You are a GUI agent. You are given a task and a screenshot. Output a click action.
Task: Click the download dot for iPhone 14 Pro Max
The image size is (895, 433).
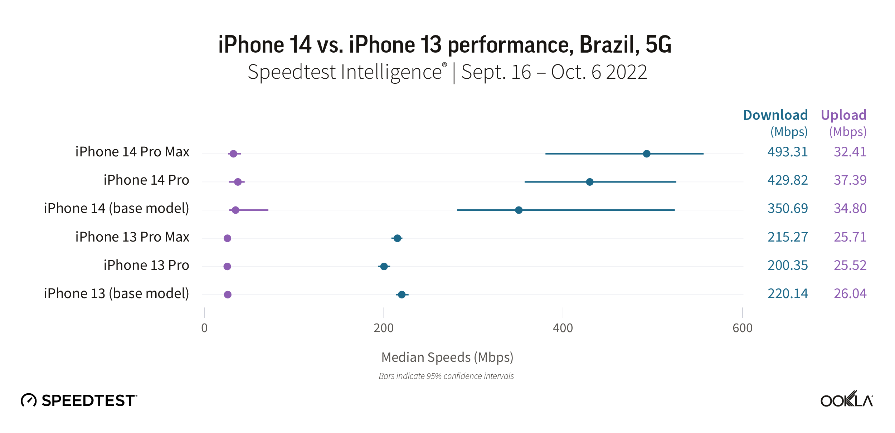click(x=646, y=154)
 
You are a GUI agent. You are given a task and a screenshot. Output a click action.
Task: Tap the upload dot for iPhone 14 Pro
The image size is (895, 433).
click(x=238, y=182)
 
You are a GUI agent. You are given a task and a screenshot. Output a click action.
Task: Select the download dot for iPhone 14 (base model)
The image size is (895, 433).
click(x=519, y=210)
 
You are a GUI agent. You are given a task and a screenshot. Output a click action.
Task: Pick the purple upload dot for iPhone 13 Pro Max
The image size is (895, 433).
click(x=227, y=238)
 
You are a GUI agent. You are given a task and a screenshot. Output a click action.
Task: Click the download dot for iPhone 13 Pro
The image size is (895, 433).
click(x=384, y=267)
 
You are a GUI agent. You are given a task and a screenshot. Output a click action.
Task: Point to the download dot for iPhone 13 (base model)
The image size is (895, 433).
click(x=402, y=295)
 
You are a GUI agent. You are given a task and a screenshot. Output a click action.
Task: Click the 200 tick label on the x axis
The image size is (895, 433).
click(x=383, y=328)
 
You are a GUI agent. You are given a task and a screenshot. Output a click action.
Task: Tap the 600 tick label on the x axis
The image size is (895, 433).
click(x=742, y=328)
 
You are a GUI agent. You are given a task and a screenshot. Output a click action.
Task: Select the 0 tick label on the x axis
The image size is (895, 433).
click(x=204, y=328)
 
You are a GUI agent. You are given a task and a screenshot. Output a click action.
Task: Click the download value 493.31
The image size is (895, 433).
click(x=787, y=152)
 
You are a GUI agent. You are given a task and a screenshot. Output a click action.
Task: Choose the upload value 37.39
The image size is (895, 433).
click(x=850, y=180)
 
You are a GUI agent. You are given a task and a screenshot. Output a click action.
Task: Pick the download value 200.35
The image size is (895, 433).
click(x=787, y=266)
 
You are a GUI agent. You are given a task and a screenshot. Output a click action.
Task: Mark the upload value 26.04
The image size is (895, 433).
click(x=850, y=294)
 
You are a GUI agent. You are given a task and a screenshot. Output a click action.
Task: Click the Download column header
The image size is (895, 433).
click(x=775, y=115)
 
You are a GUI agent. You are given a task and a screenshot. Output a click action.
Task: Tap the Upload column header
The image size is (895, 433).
click(x=843, y=115)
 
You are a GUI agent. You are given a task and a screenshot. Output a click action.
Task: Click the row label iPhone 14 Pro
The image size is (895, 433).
click(x=146, y=180)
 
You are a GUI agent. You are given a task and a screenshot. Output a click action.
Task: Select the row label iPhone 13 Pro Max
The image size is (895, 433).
click(x=132, y=237)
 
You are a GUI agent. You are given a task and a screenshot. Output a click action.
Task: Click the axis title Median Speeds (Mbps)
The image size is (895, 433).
click(x=447, y=357)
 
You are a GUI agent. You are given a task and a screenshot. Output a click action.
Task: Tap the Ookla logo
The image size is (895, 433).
click(x=846, y=400)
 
